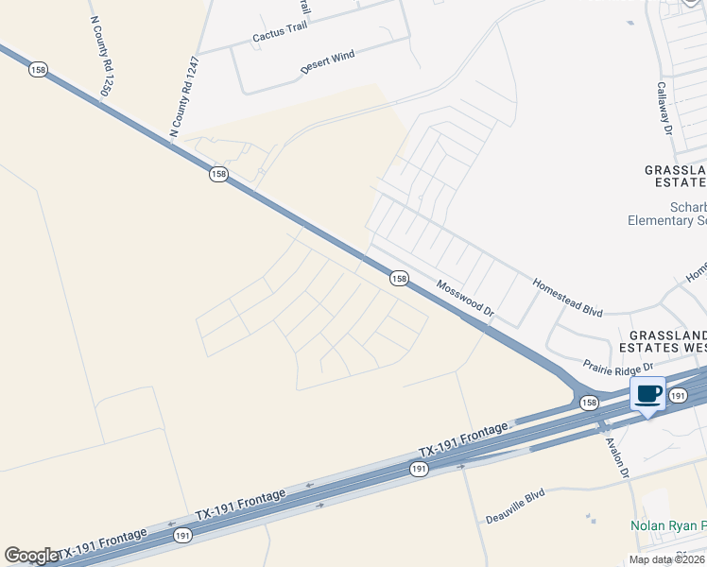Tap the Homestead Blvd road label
coord(567,296)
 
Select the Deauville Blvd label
coord(516,507)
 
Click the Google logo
coord(31,556)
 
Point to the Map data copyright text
coord(667,559)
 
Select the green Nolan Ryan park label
coord(669,525)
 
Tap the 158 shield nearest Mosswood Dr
coord(399,278)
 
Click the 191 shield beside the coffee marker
coord(678,398)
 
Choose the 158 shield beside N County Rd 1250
coord(38,70)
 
